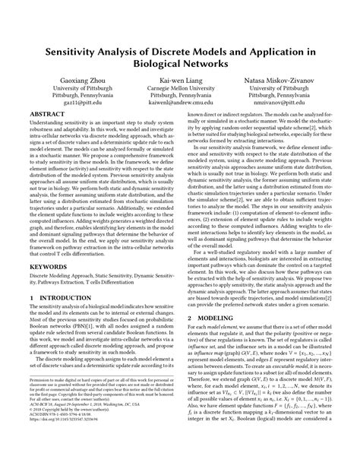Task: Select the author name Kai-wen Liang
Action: (180, 80)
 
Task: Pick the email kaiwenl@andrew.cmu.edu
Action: (180, 103)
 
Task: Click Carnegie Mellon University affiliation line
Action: (180, 88)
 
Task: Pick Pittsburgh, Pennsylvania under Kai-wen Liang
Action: (180, 96)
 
